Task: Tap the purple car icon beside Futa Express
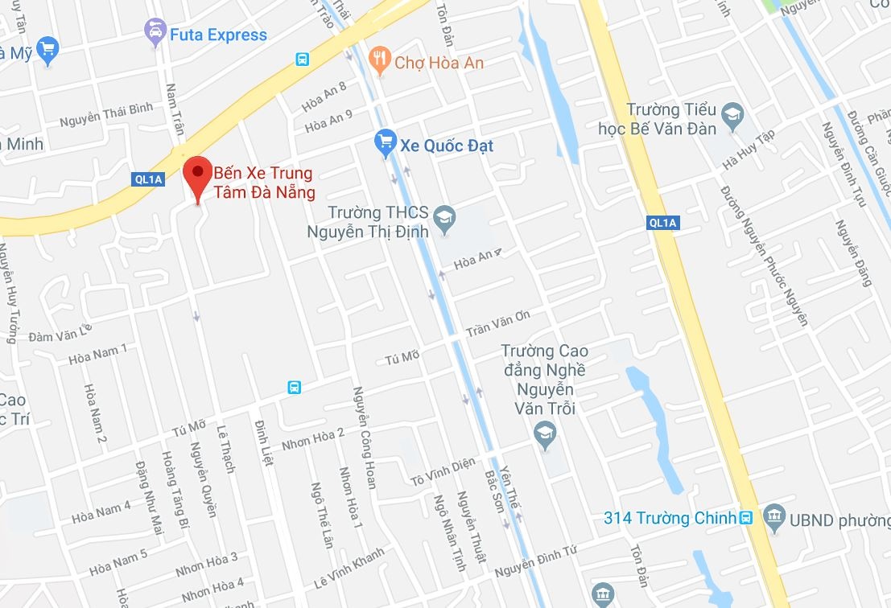(x=154, y=33)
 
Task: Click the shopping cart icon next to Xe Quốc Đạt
(x=386, y=144)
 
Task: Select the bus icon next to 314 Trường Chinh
(x=746, y=518)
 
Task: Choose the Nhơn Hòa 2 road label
(x=312, y=439)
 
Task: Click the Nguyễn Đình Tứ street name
(x=536, y=561)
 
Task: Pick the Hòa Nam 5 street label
(x=118, y=562)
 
